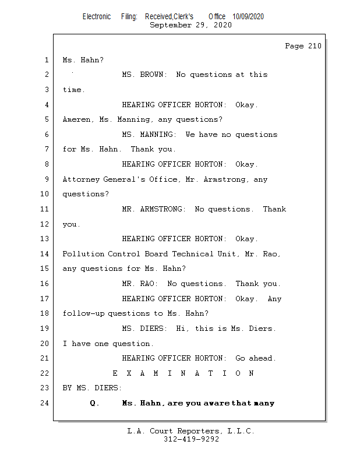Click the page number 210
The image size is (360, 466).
point(315,46)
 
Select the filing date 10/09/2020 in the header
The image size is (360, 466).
point(248,17)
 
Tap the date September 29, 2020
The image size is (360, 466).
point(190,25)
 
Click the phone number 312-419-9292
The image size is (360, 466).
point(191,439)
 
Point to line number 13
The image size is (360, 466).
point(45,239)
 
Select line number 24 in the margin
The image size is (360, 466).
point(45,403)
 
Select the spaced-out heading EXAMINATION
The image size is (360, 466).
point(183,373)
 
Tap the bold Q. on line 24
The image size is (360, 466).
point(95,403)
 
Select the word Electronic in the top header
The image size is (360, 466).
point(97,17)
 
